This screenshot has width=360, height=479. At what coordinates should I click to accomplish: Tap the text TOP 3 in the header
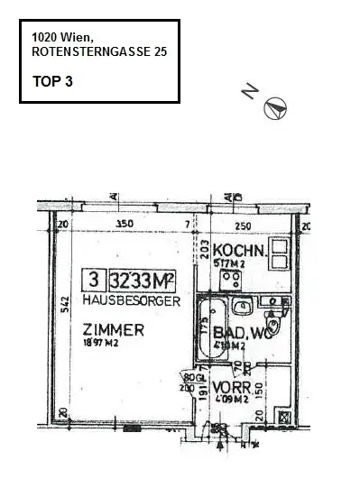(x=51, y=81)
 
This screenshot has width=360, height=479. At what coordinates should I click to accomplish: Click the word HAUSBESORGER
(x=131, y=299)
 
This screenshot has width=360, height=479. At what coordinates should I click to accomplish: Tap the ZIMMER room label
(x=113, y=330)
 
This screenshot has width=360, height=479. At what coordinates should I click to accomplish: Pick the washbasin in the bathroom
(x=241, y=309)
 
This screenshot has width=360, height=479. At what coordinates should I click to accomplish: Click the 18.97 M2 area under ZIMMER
(x=101, y=344)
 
